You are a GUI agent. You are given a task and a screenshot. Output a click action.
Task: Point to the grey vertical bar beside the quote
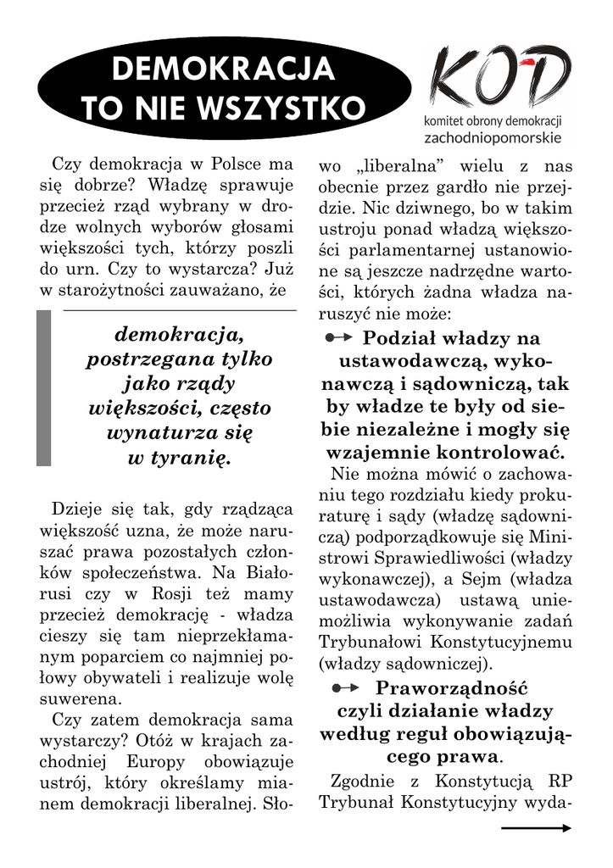[43, 387]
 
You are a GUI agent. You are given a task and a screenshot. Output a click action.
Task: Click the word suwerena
[81, 700]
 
